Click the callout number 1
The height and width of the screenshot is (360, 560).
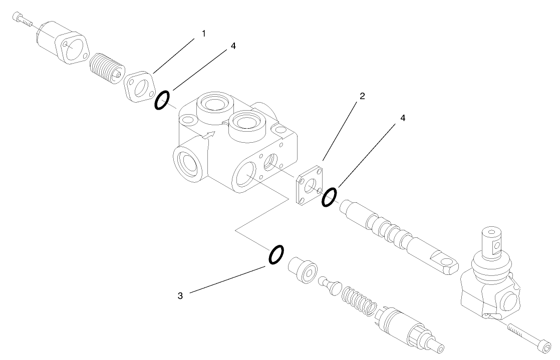tap(203, 33)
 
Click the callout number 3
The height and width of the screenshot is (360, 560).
tap(180, 295)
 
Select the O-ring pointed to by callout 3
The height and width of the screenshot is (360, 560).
tap(276, 254)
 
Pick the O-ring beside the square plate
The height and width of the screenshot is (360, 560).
tap(329, 196)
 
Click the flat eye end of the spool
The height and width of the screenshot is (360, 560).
tap(445, 264)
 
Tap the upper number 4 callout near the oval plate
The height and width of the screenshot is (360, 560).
tap(233, 46)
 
